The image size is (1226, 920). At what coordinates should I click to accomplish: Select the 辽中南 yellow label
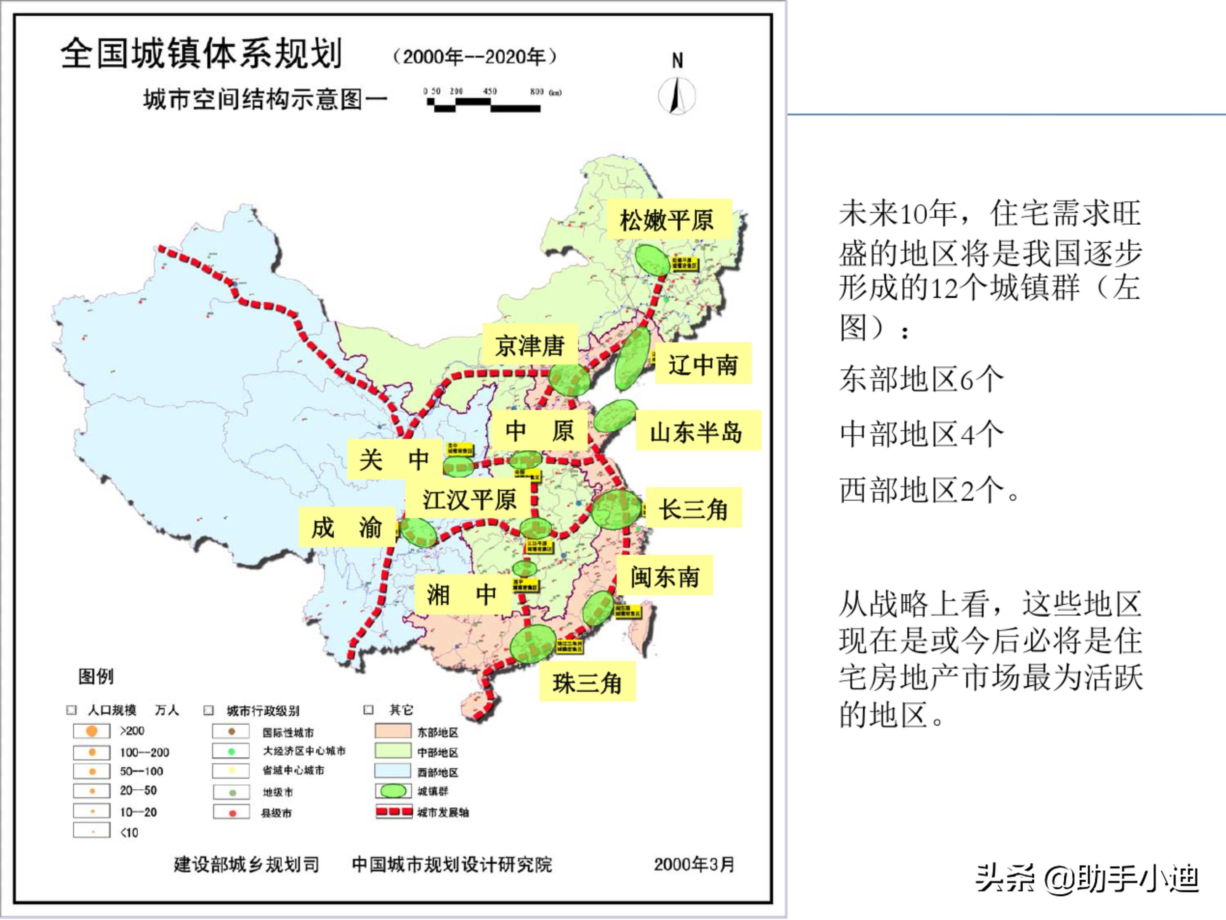coord(703,364)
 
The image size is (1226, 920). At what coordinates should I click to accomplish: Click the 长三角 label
coord(693,508)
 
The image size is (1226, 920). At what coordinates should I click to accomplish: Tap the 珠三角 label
coord(587,682)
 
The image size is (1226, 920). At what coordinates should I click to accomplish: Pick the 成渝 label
coord(347,527)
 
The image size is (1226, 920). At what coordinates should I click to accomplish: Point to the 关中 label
coord(394,459)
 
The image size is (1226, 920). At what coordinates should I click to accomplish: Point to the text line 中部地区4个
coord(921,433)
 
